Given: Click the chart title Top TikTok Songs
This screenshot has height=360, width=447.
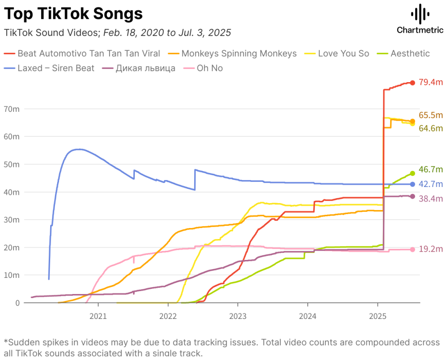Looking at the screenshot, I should click(x=73, y=14).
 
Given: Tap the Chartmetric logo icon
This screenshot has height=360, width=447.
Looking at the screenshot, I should click(x=420, y=14).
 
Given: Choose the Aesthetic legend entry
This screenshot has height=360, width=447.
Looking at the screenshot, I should click(x=410, y=54).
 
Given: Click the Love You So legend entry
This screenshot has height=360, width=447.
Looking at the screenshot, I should click(x=343, y=54).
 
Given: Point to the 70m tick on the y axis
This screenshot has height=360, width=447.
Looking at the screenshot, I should click(x=13, y=109).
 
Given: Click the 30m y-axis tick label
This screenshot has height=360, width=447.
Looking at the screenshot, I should click(x=13, y=220).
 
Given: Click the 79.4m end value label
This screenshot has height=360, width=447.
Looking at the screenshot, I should click(x=430, y=82).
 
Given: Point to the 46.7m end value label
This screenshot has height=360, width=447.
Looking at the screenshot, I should click(x=430, y=170).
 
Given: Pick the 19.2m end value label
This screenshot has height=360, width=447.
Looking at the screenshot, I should click(x=430, y=249).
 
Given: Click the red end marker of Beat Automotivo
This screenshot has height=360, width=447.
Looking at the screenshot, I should click(x=413, y=83).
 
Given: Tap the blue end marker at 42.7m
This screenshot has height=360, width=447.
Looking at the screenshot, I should click(x=413, y=184).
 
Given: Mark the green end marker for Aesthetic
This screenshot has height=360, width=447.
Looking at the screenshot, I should click(x=413, y=173).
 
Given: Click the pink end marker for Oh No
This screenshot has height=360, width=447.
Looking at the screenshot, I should click(x=413, y=249).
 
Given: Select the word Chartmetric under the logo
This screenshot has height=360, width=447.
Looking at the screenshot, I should click(x=420, y=30).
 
